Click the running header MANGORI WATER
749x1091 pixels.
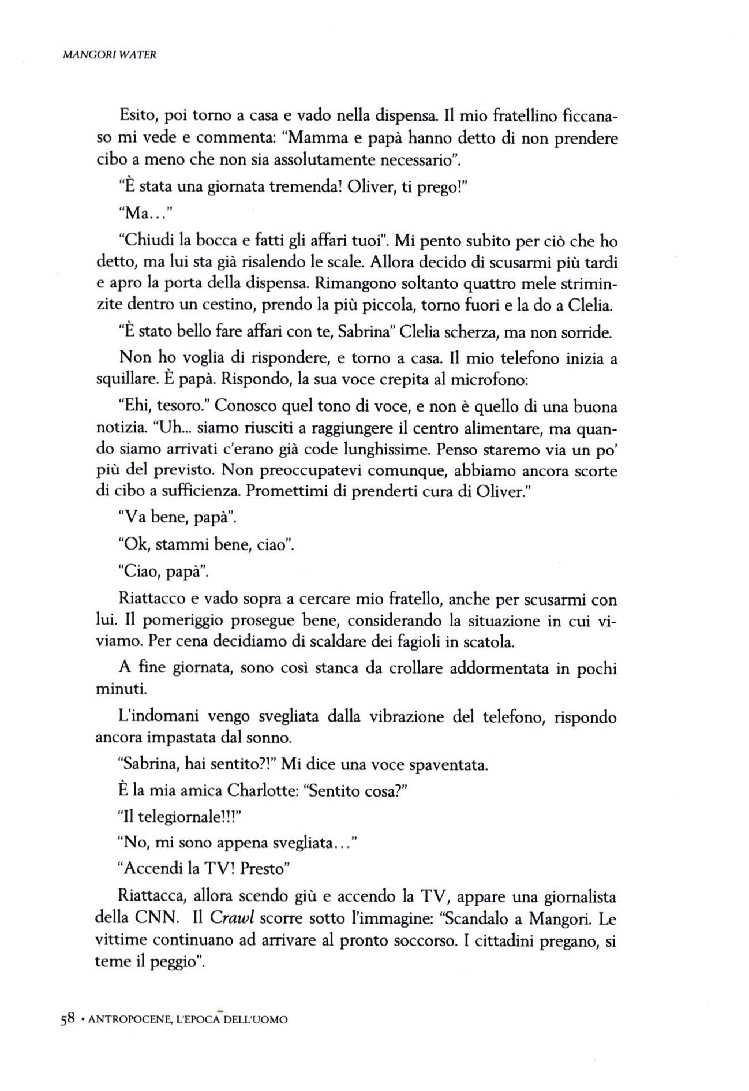110,56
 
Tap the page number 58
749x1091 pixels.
68,1020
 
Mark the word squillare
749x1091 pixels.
128,381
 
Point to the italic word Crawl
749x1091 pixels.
231,917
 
